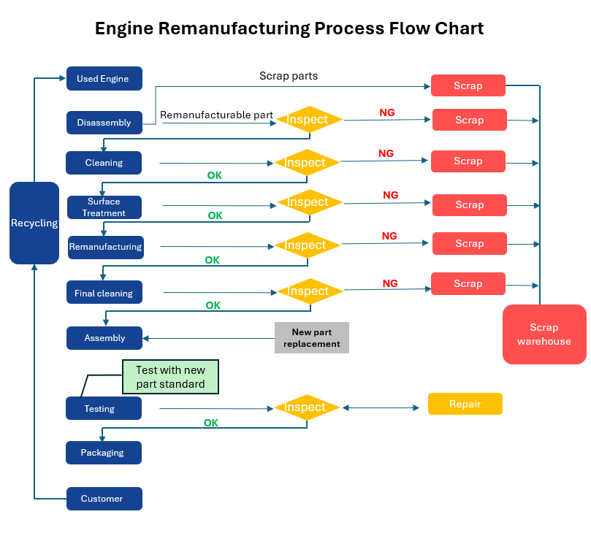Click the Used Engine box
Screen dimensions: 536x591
tap(104, 79)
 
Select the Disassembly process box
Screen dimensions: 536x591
tap(104, 123)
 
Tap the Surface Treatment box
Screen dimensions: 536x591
tap(104, 207)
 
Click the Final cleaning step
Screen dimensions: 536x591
tap(104, 293)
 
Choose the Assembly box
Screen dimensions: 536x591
tap(104, 338)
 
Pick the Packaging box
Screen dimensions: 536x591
tap(103, 453)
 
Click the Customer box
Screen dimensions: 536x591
tap(104, 499)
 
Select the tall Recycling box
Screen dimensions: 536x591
tap(34, 223)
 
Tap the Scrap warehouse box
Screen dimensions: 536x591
tap(544, 334)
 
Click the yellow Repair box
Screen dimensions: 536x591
tap(465, 404)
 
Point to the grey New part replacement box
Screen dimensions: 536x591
tap(312, 337)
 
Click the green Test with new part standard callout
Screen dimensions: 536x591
tap(170, 377)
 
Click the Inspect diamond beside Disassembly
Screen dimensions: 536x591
tap(309, 120)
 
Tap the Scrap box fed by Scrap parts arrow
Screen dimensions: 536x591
tap(468, 85)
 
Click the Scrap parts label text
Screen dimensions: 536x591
tap(289, 76)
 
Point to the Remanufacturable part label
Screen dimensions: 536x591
tap(216, 115)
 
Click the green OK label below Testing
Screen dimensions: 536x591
tap(211, 423)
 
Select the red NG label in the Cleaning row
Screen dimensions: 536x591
tap(386, 153)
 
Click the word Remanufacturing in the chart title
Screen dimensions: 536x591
tap(233, 28)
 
